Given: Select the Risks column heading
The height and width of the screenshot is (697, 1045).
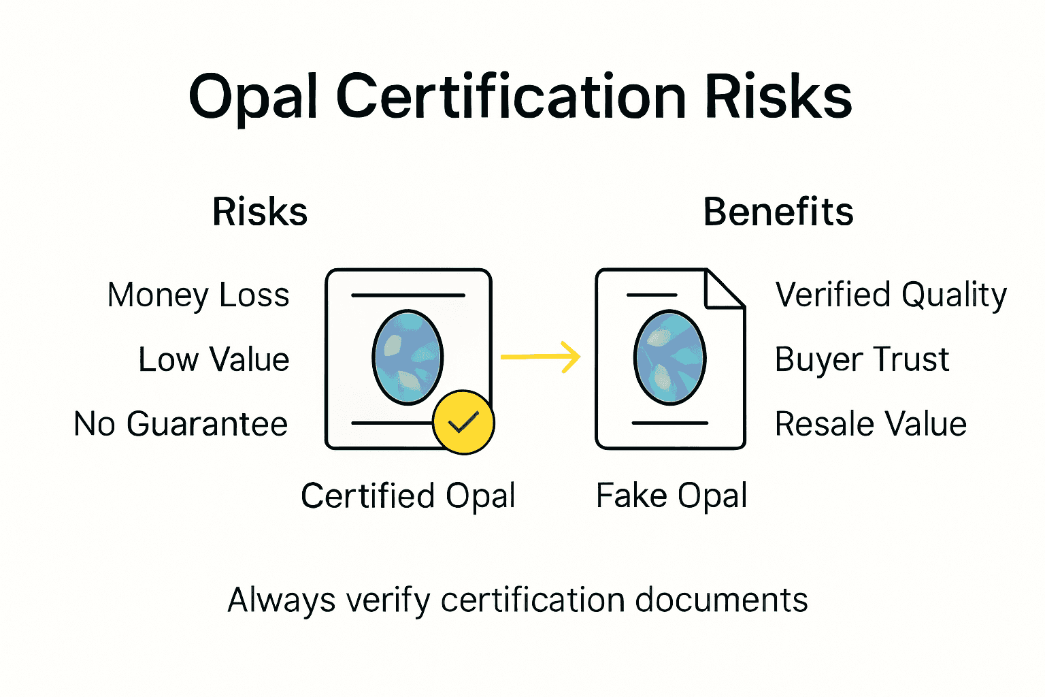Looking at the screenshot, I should coord(260,212).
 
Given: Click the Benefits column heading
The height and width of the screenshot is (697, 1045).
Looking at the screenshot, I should coord(778,212).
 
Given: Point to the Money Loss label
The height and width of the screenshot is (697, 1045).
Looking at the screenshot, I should coord(198,295).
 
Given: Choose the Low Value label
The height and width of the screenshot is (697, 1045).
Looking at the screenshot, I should coord(214,359).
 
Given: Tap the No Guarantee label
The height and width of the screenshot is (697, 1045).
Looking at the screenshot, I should coord(181,423).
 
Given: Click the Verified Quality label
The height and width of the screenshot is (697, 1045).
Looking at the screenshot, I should coord(891,295).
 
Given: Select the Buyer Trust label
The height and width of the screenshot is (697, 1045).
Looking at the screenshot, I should coord(861,359).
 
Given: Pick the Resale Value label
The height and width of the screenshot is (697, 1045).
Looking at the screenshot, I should coord(870,423).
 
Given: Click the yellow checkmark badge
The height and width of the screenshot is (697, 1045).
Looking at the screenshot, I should coord(463,422).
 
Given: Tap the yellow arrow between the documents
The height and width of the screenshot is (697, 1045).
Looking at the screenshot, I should coord(541,357).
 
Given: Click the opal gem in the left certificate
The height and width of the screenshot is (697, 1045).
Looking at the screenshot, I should coord(408,357).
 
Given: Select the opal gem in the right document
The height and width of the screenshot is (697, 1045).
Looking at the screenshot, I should coord(669,357).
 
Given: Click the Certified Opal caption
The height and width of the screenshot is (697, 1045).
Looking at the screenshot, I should coord(408,496).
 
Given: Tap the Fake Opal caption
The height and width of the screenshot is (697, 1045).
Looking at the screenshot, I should coord(671,496).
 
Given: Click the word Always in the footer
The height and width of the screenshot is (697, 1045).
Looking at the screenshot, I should coord(281,600).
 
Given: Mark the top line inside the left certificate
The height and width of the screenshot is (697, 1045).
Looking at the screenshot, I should coord(408,295).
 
